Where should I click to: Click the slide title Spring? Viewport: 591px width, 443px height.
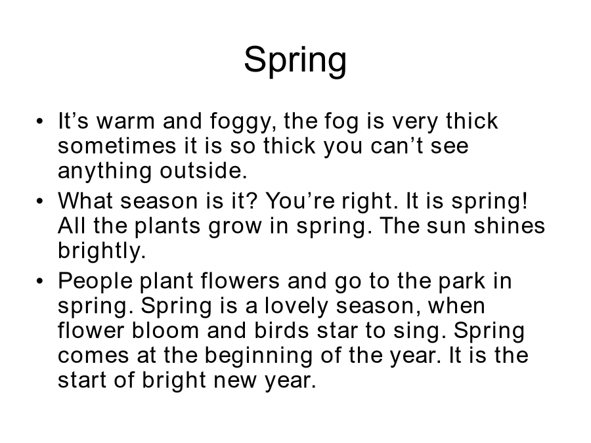[x=295, y=60]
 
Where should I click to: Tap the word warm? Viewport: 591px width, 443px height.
[x=125, y=121]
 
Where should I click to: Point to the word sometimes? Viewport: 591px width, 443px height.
[x=117, y=146]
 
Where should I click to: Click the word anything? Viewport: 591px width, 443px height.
[x=105, y=171]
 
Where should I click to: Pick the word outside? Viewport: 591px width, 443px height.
[x=204, y=170]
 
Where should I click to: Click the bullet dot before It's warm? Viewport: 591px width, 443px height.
[x=40, y=121]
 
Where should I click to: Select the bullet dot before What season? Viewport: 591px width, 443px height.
[x=40, y=201]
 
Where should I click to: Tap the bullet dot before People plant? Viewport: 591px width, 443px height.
[x=40, y=282]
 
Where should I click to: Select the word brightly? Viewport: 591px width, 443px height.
[x=102, y=251]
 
